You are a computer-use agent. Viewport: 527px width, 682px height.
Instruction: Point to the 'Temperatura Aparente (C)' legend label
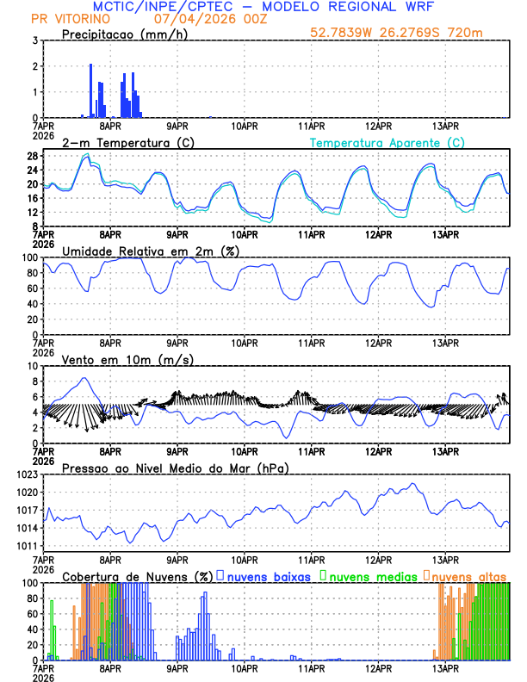(387, 142)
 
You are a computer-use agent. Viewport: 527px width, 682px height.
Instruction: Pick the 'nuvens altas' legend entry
(468, 575)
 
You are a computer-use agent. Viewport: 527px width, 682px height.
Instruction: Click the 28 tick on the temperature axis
(32, 156)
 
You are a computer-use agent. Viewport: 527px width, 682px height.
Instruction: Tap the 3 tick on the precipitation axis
(34, 40)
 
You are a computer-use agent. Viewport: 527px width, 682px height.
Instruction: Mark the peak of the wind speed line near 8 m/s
(84, 378)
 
